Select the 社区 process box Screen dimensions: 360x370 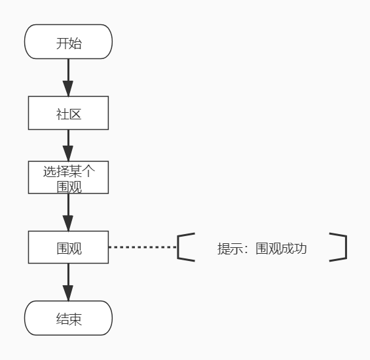(68, 113)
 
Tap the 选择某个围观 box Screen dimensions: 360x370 (68, 178)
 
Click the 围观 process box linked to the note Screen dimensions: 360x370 (68, 248)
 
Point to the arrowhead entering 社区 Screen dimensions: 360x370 (68, 89)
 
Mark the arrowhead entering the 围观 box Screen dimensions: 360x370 (68, 223)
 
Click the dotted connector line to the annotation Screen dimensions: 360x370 (143, 247)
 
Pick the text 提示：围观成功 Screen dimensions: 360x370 (262, 249)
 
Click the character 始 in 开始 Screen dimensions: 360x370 (77, 43)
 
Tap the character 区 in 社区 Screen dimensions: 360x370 (76, 114)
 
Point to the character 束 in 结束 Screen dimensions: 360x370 (76, 319)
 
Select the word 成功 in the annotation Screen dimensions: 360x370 (295, 249)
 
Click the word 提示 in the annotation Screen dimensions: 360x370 (228, 249)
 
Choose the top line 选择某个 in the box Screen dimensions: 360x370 (68, 171)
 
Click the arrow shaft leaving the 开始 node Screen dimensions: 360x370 (68, 70)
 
